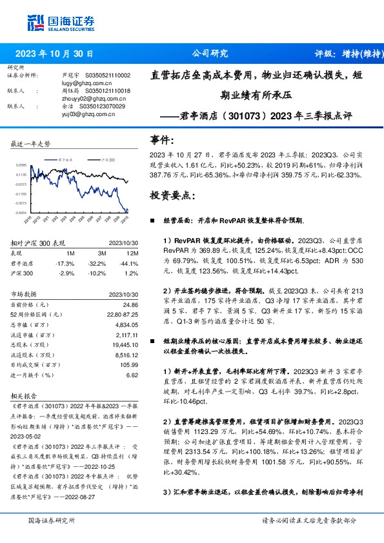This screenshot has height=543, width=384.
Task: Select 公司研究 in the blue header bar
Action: click(210, 55)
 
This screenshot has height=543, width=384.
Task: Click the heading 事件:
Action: click(161, 139)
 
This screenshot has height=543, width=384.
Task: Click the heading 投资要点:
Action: click(170, 195)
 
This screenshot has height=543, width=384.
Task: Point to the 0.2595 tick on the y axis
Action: click(21, 165)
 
